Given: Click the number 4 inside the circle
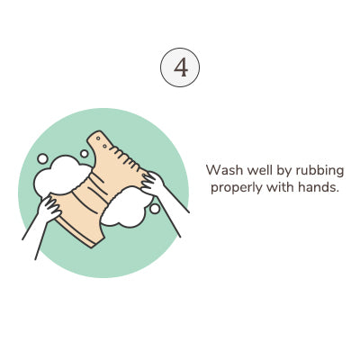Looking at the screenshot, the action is coord(181,67).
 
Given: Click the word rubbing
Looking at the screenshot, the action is coord(319,172).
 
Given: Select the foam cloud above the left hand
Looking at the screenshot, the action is coord(61,176).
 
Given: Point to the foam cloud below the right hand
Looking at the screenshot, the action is coord(127,207).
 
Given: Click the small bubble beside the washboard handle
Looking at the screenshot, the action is coord(85,154).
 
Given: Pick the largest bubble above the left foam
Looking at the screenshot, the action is coord(42,158).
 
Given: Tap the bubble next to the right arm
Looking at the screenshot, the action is coord(155,209).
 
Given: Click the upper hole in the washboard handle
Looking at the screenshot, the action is coord(98,139).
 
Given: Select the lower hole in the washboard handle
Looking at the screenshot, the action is coord(104,146).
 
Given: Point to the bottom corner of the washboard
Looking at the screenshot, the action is coord(92,247).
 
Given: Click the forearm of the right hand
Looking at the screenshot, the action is coord(174,210).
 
